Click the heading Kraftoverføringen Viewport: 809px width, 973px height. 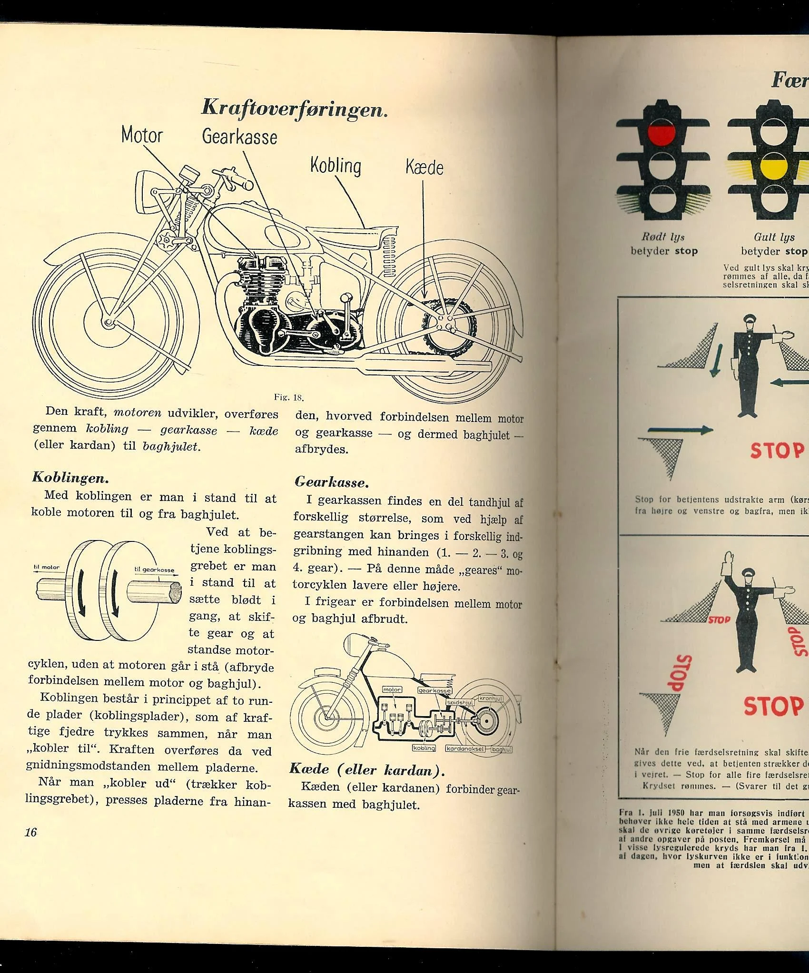[x=295, y=108]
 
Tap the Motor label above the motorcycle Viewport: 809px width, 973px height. [x=142, y=135]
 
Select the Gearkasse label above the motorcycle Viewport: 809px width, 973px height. [x=239, y=137]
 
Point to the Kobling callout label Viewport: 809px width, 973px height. [x=335, y=166]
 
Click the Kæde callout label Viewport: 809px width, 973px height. [x=424, y=167]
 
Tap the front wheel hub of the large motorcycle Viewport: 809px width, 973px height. [x=108, y=323]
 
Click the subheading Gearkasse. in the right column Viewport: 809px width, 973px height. [x=332, y=482]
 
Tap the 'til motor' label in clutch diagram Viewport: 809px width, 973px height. [x=47, y=567]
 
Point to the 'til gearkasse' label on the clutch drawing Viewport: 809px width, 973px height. [x=154, y=570]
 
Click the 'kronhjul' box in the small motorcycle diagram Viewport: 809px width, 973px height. [x=490, y=698]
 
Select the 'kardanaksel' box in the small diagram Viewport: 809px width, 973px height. [x=465, y=748]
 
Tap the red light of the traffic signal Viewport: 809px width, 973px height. [x=662, y=134]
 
